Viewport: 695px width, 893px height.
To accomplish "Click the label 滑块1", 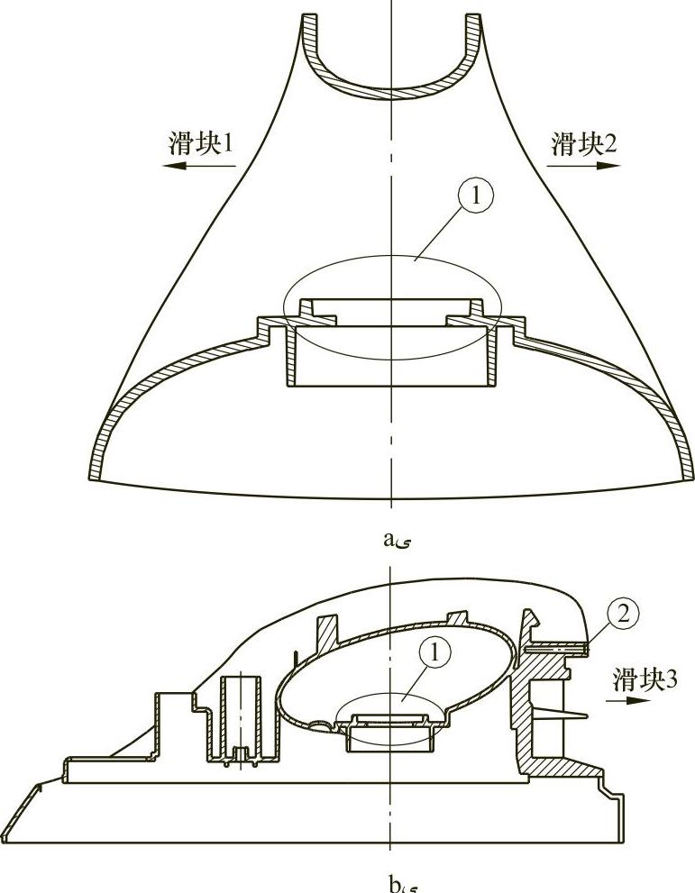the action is (201, 143).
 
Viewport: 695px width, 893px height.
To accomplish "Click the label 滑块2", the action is (584, 143).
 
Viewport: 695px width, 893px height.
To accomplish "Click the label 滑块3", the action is (645, 679).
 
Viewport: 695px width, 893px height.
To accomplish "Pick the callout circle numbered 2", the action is (623, 615).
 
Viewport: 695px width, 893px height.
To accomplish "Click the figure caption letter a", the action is (389, 540).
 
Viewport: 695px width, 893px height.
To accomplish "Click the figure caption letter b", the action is (395, 882).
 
